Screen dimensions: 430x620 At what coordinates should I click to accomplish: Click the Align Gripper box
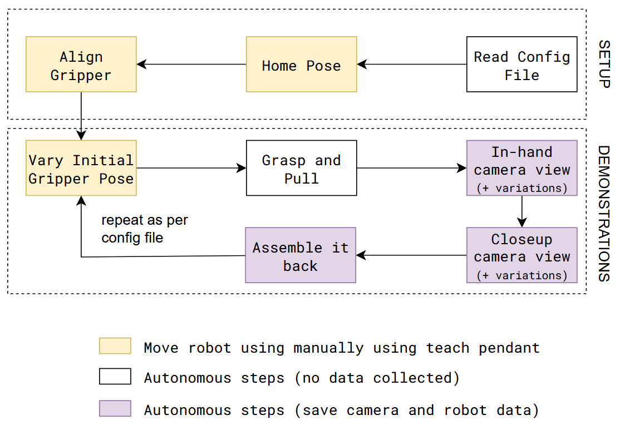click(81, 65)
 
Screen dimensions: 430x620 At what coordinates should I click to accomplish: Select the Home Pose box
click(301, 65)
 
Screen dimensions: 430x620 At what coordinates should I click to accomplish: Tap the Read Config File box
click(521, 65)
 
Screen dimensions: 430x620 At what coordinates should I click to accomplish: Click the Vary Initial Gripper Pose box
click(81, 168)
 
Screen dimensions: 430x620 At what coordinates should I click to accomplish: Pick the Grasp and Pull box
click(301, 168)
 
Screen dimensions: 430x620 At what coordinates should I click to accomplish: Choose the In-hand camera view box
click(521, 168)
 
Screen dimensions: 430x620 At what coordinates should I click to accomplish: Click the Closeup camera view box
click(521, 255)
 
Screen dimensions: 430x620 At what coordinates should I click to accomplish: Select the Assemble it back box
click(301, 255)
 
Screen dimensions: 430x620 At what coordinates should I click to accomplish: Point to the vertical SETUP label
click(604, 64)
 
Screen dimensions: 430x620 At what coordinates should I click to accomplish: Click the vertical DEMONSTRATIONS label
click(604, 213)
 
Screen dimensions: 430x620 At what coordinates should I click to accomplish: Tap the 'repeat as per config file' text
click(144, 229)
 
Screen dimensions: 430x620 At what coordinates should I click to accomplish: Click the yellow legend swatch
click(115, 346)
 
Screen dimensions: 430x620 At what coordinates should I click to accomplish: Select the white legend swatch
click(115, 377)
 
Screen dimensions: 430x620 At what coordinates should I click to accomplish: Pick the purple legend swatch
click(115, 408)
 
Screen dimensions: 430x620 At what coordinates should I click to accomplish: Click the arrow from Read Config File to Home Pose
click(412, 65)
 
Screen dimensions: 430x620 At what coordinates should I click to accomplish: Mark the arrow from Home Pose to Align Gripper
click(191, 65)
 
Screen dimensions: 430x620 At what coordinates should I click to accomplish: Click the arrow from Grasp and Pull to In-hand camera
click(412, 168)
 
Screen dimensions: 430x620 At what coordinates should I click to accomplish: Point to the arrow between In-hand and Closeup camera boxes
click(521, 211)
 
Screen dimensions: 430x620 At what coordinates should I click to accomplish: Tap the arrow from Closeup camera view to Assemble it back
click(411, 255)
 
